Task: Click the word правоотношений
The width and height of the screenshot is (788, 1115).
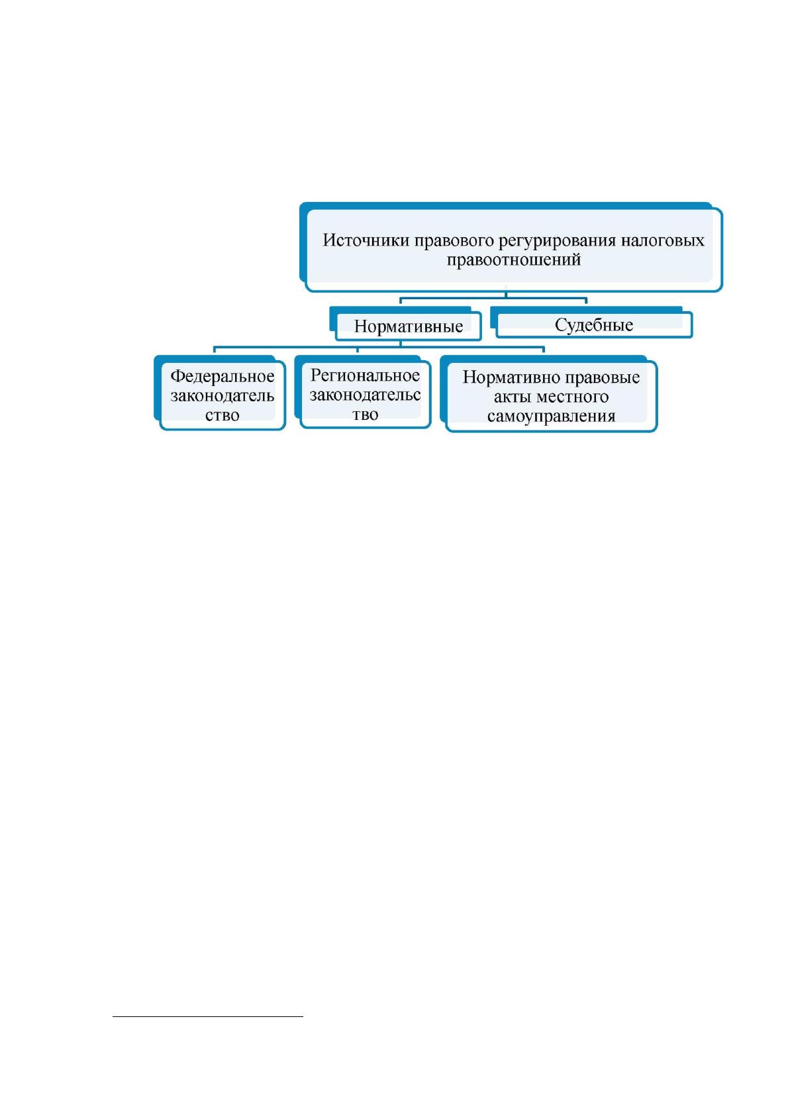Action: (x=513, y=260)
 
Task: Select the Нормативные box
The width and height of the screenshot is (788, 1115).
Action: (x=408, y=326)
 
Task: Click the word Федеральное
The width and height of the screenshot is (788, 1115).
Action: (x=222, y=376)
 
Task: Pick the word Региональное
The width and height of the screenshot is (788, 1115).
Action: (x=365, y=375)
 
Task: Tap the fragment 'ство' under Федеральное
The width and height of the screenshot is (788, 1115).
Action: (x=222, y=414)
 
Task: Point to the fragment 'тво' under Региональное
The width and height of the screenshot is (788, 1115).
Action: (x=365, y=414)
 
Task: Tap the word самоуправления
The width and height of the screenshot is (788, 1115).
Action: (x=551, y=416)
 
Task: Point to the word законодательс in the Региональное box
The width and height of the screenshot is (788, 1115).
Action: (x=365, y=395)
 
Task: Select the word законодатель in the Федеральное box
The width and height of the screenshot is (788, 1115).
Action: (x=222, y=396)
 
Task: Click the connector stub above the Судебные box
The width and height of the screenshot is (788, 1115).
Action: (x=586, y=301)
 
